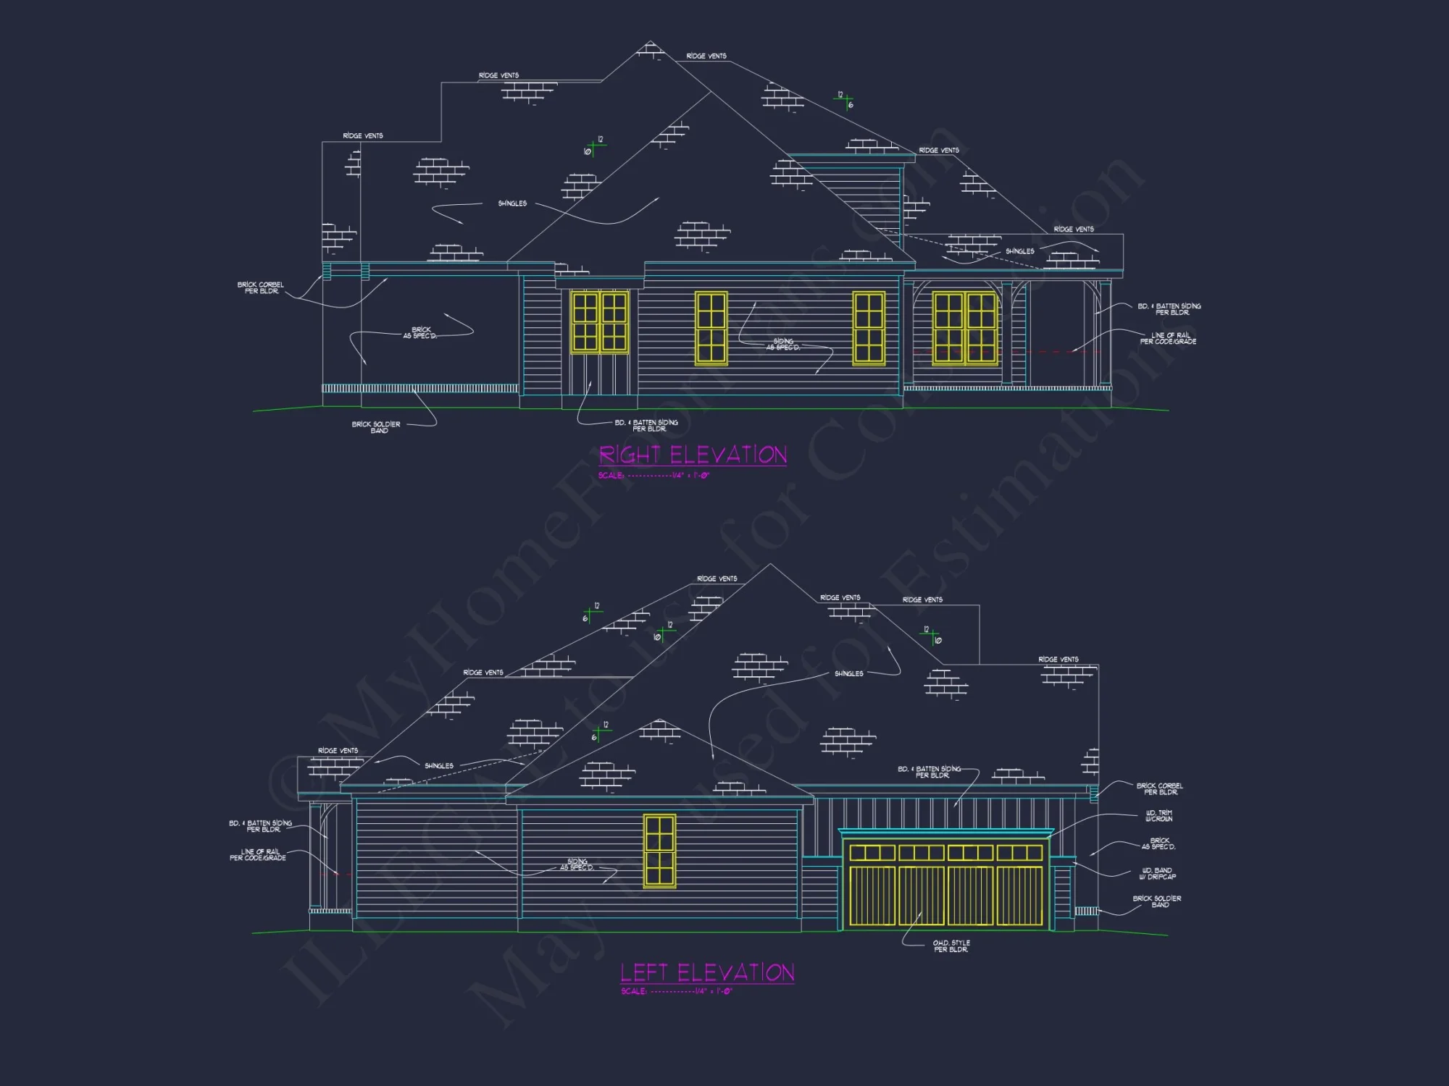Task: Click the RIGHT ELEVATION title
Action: pos(693,455)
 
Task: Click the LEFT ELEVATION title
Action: pos(707,972)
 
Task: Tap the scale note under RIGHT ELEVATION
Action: pos(653,476)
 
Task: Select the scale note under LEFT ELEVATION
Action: pos(677,991)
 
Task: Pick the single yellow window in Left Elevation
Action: pos(659,851)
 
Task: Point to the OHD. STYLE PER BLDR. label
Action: pos(951,946)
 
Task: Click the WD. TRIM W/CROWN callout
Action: pos(1158,816)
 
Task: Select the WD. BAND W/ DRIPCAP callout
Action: pos(1157,874)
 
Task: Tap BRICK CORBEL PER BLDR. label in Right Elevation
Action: pos(261,288)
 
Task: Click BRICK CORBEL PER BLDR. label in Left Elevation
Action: pos(1159,789)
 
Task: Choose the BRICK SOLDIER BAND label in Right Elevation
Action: pos(376,427)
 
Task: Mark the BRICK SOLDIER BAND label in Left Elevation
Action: pos(1157,901)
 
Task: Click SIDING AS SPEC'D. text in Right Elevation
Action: pos(783,344)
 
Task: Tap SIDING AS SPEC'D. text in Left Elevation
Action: pos(577,864)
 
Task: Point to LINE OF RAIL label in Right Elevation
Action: pos(1168,338)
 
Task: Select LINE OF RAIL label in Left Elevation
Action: pos(259,855)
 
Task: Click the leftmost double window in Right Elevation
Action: pos(600,321)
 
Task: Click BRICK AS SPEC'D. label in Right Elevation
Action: pos(420,333)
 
